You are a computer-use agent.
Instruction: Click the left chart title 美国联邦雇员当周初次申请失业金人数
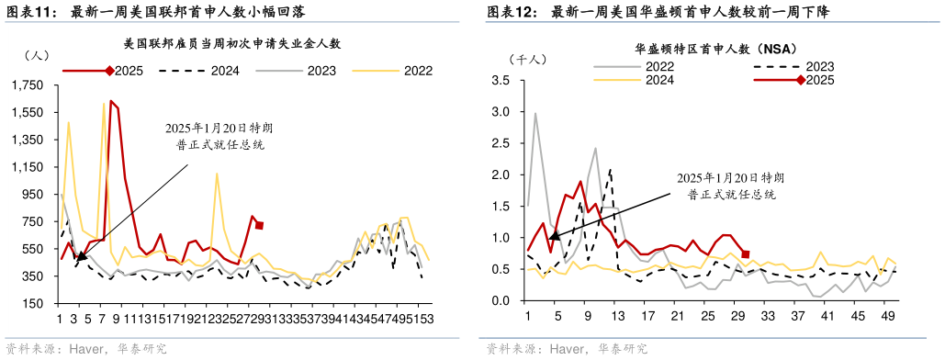tap(232, 42)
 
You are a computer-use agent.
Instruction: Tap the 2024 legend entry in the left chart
tap(206, 71)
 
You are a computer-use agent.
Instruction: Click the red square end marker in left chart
tap(260, 225)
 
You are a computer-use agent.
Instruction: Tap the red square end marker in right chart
tap(746, 254)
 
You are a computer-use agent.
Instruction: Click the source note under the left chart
tap(87, 350)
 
